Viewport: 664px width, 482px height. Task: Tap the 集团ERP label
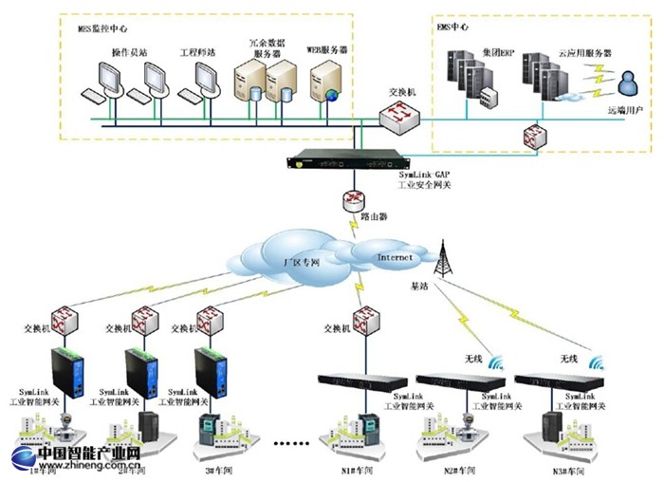click(496, 53)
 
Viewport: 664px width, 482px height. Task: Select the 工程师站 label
click(197, 52)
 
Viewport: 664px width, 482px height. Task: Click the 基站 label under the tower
click(419, 285)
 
